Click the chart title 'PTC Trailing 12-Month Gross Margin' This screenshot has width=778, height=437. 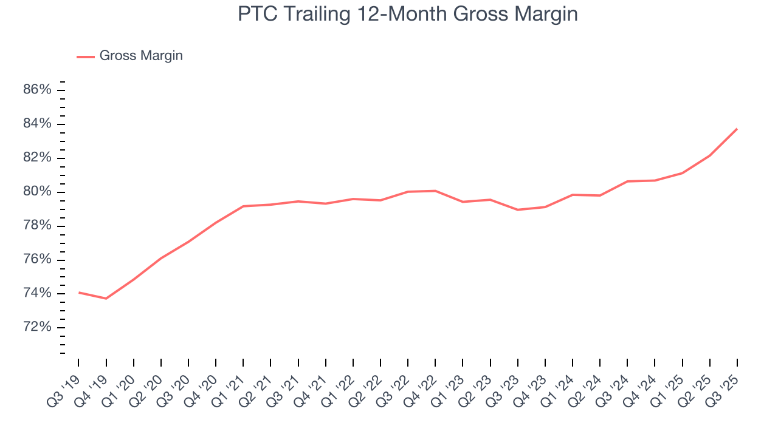point(407,14)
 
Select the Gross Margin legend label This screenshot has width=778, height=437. point(141,56)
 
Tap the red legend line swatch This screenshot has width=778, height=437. point(86,56)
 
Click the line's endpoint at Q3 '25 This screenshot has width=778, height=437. point(737,129)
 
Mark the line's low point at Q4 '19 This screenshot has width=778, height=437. point(106,299)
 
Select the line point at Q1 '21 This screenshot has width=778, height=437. point(243,206)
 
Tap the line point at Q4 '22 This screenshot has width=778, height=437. point(435,191)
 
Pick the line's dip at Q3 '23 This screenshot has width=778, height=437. point(518,209)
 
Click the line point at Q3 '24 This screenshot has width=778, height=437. point(627,181)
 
